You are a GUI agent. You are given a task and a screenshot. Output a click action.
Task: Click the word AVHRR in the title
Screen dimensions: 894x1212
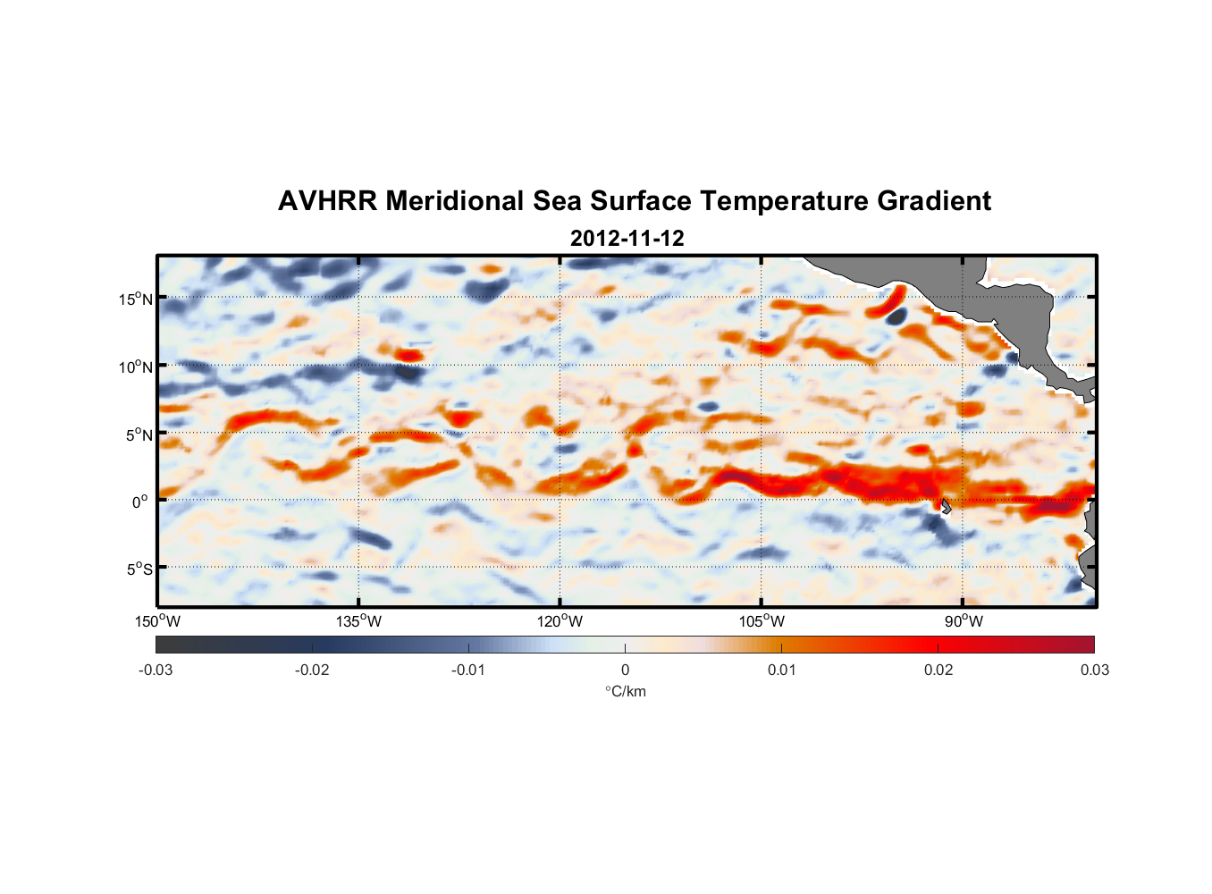pyautogui.click(x=327, y=201)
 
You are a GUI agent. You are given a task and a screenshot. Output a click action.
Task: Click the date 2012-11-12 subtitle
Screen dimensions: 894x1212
pyautogui.click(x=627, y=239)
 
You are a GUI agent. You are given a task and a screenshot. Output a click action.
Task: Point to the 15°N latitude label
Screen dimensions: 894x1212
pyautogui.click(x=136, y=299)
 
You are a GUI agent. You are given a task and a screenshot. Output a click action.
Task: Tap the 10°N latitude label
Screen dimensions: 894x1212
pyautogui.click(x=136, y=367)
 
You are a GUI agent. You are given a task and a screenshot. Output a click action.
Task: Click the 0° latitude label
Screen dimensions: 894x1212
pyautogui.click(x=140, y=502)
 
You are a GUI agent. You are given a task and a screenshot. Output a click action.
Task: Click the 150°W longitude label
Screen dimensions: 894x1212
pyautogui.click(x=158, y=621)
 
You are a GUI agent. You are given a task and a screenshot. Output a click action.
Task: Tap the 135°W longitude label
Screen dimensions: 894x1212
pyautogui.click(x=359, y=621)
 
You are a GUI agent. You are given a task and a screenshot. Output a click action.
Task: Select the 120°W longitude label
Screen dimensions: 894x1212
pyautogui.click(x=560, y=621)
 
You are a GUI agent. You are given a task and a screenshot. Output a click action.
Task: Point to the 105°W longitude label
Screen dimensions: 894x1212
pyautogui.click(x=762, y=621)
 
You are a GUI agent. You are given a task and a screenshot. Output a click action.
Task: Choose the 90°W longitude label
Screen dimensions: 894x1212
pyautogui.click(x=964, y=621)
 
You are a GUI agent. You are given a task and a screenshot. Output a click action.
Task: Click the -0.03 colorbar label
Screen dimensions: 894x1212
pyautogui.click(x=156, y=670)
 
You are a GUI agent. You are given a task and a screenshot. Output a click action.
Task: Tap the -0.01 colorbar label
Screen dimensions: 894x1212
pyautogui.click(x=468, y=670)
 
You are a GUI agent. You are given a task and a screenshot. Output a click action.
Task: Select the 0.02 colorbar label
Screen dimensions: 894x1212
pyautogui.click(x=938, y=670)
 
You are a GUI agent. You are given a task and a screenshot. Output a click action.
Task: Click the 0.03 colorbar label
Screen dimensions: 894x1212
pyautogui.click(x=1094, y=670)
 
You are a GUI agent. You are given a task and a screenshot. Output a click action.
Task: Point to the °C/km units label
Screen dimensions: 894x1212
pyautogui.click(x=626, y=691)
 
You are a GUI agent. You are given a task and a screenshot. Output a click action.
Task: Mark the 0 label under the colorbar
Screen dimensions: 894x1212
pyautogui.click(x=625, y=670)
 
